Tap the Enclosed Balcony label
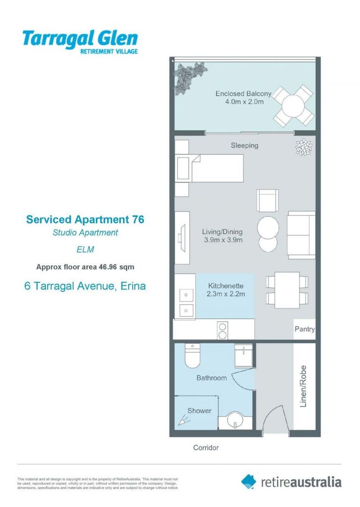click(243, 94)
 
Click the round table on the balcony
click(293, 106)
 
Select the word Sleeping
click(245, 146)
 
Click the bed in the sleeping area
click(209, 168)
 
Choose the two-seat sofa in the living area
click(301, 235)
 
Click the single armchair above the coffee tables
click(268, 200)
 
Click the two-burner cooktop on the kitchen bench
click(222, 330)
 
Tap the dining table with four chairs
click(287, 290)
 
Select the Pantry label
click(305, 329)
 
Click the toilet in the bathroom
click(192, 355)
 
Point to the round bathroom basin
click(235, 420)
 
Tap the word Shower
click(199, 411)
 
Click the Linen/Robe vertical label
click(303, 386)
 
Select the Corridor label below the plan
click(206, 448)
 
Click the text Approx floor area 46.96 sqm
click(85, 267)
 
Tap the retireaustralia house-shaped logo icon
click(248, 482)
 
